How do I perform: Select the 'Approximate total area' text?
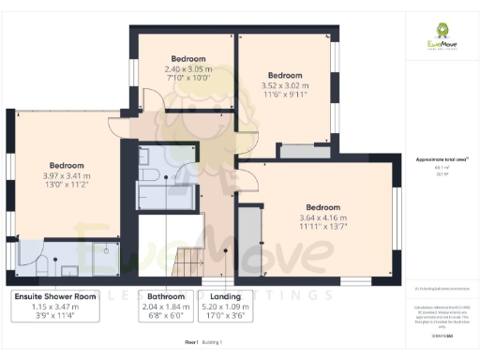[x=441, y=160]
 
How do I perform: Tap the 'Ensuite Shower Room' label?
[x=55, y=296]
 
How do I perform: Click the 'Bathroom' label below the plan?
[x=158, y=296]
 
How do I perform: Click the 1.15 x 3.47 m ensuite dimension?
[x=55, y=307]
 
